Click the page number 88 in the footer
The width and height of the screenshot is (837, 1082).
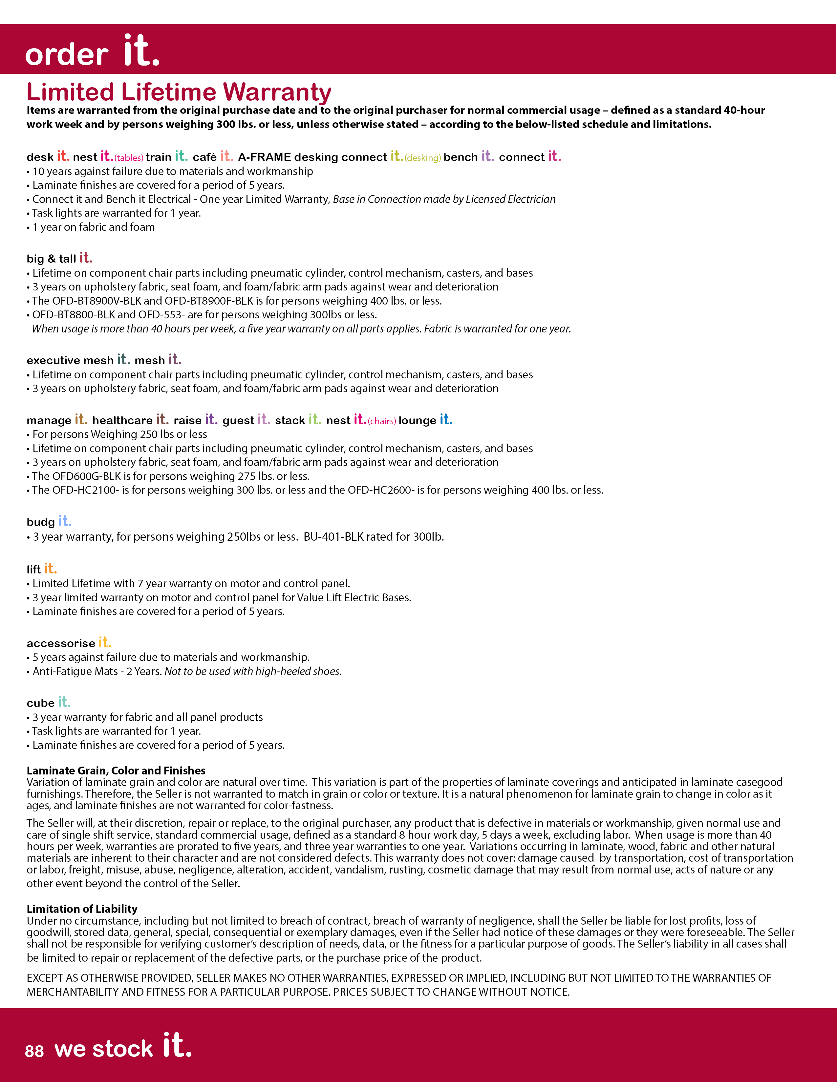(34, 1051)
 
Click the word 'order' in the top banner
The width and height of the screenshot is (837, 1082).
(66, 54)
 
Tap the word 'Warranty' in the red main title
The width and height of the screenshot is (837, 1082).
(277, 93)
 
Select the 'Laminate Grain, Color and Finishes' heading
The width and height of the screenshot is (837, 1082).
(116, 771)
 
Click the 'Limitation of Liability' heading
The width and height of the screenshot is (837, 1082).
(82, 909)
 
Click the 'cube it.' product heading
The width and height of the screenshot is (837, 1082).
(49, 703)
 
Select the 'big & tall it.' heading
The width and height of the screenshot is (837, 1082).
(59, 258)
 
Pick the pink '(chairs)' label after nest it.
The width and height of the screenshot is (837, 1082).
(382, 421)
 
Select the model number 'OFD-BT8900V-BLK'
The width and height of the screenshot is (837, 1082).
(96, 301)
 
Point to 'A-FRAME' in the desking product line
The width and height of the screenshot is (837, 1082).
(264, 157)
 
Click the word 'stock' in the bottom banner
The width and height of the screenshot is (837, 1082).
(122, 1049)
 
